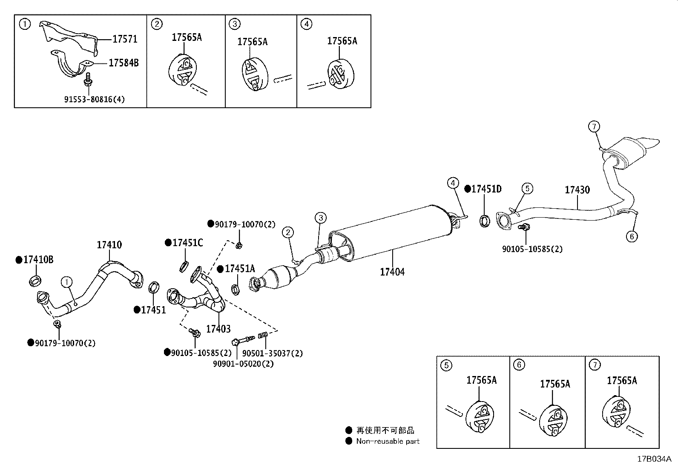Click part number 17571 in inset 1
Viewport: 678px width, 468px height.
tap(125, 39)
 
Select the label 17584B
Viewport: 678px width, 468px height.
tap(124, 63)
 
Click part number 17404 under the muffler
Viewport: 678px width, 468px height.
tap(392, 272)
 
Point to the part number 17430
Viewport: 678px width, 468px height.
tap(577, 190)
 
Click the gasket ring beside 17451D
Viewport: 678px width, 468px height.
tap(484, 220)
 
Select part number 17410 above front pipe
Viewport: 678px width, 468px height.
tap(109, 245)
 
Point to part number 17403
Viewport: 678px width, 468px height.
tap(218, 329)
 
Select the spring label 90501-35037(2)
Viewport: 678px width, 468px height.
tap(273, 353)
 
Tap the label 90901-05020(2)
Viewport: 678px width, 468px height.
tap(243, 364)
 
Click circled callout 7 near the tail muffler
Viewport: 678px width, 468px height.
tap(594, 126)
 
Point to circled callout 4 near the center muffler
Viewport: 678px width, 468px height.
tap(453, 183)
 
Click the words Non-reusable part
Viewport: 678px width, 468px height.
tap(388, 442)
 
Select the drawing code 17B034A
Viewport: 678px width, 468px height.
tap(654, 459)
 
